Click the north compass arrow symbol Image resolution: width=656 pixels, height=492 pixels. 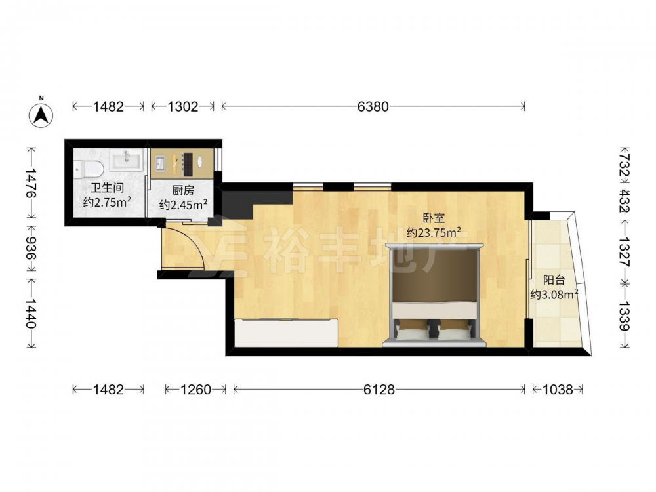point(41,114)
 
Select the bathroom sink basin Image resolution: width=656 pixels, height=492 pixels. point(127,161)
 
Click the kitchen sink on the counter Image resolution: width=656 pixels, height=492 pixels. point(160,163)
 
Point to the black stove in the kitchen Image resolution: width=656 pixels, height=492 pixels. point(188,164)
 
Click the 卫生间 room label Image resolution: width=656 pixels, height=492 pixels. point(107,188)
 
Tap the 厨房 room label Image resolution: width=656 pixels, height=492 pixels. point(183,191)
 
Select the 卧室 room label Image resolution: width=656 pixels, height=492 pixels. point(434,218)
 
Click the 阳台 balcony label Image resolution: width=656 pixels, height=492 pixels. point(554,280)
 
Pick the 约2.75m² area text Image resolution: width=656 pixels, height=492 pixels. point(108,203)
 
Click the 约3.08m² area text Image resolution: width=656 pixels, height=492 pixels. point(554,295)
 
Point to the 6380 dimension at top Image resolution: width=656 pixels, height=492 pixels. point(373,107)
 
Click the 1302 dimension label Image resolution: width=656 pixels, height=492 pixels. point(183,107)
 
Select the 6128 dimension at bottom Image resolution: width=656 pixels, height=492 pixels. point(379,390)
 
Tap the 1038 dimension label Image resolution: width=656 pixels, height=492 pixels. point(558,390)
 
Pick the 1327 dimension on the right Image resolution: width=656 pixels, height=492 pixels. point(624,252)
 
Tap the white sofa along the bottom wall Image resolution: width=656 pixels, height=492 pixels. point(287,333)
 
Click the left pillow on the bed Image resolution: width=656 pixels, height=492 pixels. point(413,333)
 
